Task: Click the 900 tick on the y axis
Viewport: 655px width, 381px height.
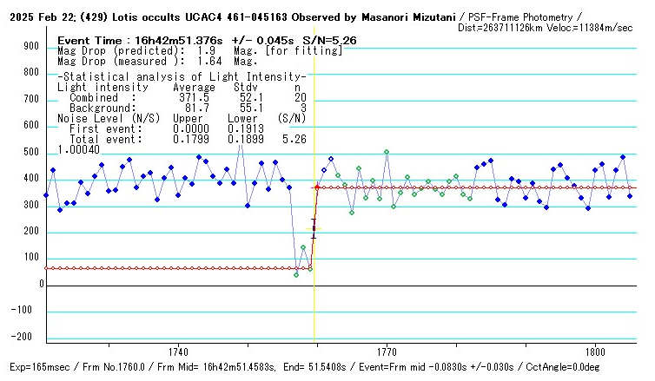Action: tap(31, 47)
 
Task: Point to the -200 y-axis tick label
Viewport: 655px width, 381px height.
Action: tap(30, 337)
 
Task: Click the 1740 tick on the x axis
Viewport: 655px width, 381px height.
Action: tap(179, 352)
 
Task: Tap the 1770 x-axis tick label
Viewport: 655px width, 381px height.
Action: tap(387, 352)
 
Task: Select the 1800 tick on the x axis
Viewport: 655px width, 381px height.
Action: tap(596, 352)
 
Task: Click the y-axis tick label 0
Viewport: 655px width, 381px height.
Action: tap(40, 284)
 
